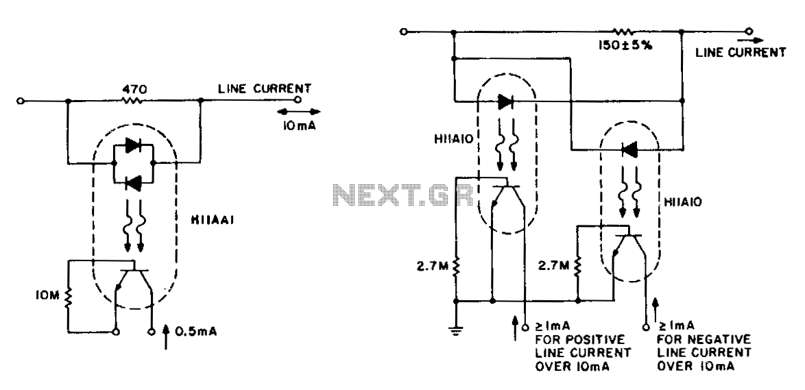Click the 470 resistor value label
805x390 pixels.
tap(132, 89)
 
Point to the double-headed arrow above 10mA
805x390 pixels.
tap(298, 112)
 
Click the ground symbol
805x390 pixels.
tap(455, 329)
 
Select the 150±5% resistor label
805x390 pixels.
tap(625, 45)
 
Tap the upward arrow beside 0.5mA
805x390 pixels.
tap(166, 336)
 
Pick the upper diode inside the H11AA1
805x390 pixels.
tap(133, 146)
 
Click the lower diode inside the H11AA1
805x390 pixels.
tap(133, 183)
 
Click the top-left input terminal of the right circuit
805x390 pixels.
tap(403, 32)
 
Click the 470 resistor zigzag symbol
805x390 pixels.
tap(132, 101)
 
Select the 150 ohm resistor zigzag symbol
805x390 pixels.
tap(624, 32)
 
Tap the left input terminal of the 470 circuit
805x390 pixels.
tap(21, 101)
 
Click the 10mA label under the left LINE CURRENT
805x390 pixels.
tap(298, 124)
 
